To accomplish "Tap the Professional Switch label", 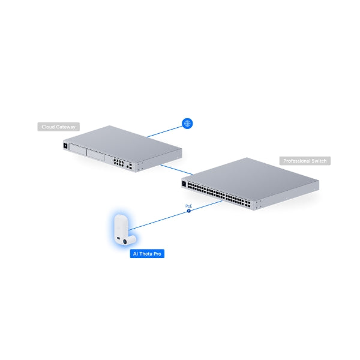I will (305, 161).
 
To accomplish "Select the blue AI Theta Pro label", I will (147, 254).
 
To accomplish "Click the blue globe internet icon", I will (188, 124).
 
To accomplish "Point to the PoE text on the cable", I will (188, 206).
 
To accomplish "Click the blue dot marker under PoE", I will (189, 212).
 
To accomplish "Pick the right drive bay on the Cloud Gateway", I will (96, 155).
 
